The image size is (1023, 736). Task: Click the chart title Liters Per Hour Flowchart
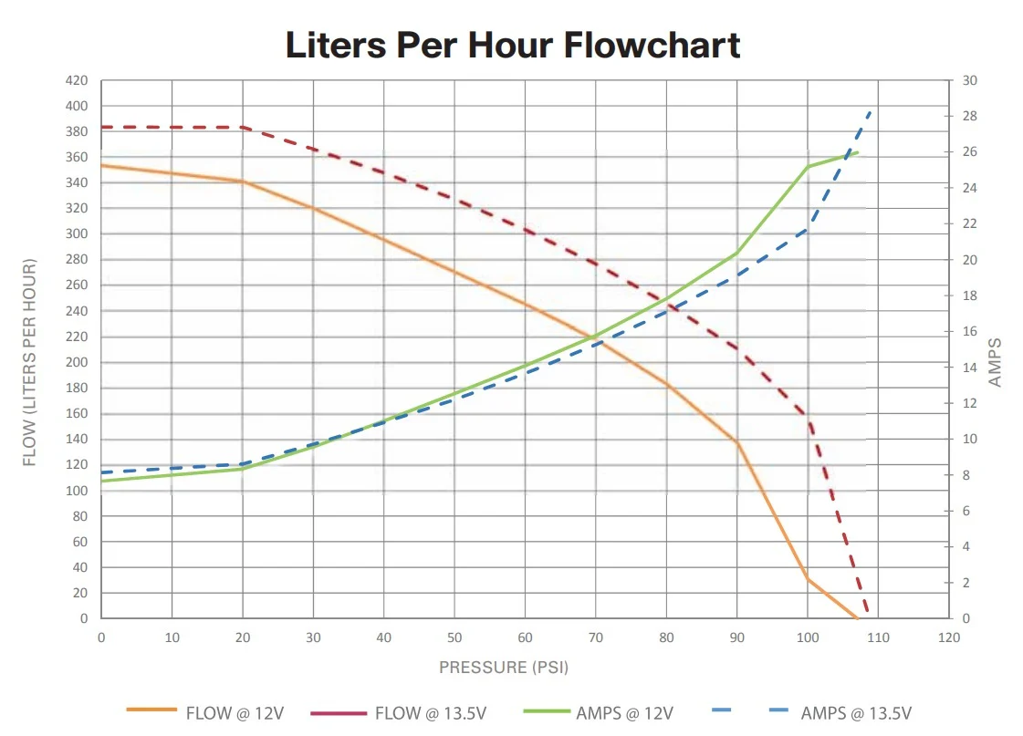coord(512,45)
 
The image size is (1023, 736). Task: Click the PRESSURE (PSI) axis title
coord(504,668)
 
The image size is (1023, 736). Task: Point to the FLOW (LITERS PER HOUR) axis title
coord(30,363)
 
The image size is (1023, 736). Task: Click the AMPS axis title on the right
coord(996,362)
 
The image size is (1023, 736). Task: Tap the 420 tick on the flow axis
coord(77,80)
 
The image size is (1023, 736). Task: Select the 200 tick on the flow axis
coord(77,363)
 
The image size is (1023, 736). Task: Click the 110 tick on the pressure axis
coord(878,638)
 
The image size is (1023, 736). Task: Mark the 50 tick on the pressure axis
coord(454,638)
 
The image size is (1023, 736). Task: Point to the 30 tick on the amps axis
coord(969,80)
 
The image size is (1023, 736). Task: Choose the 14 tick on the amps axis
coord(969,368)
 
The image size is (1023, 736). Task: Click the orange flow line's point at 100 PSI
coord(808,579)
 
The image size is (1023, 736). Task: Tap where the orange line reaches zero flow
coord(857,618)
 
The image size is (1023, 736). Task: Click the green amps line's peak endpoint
coord(858,152)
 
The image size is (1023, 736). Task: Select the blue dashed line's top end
coord(872,110)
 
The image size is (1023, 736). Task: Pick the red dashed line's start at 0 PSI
coord(102,127)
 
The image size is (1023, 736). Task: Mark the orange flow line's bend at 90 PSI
coord(737,442)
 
